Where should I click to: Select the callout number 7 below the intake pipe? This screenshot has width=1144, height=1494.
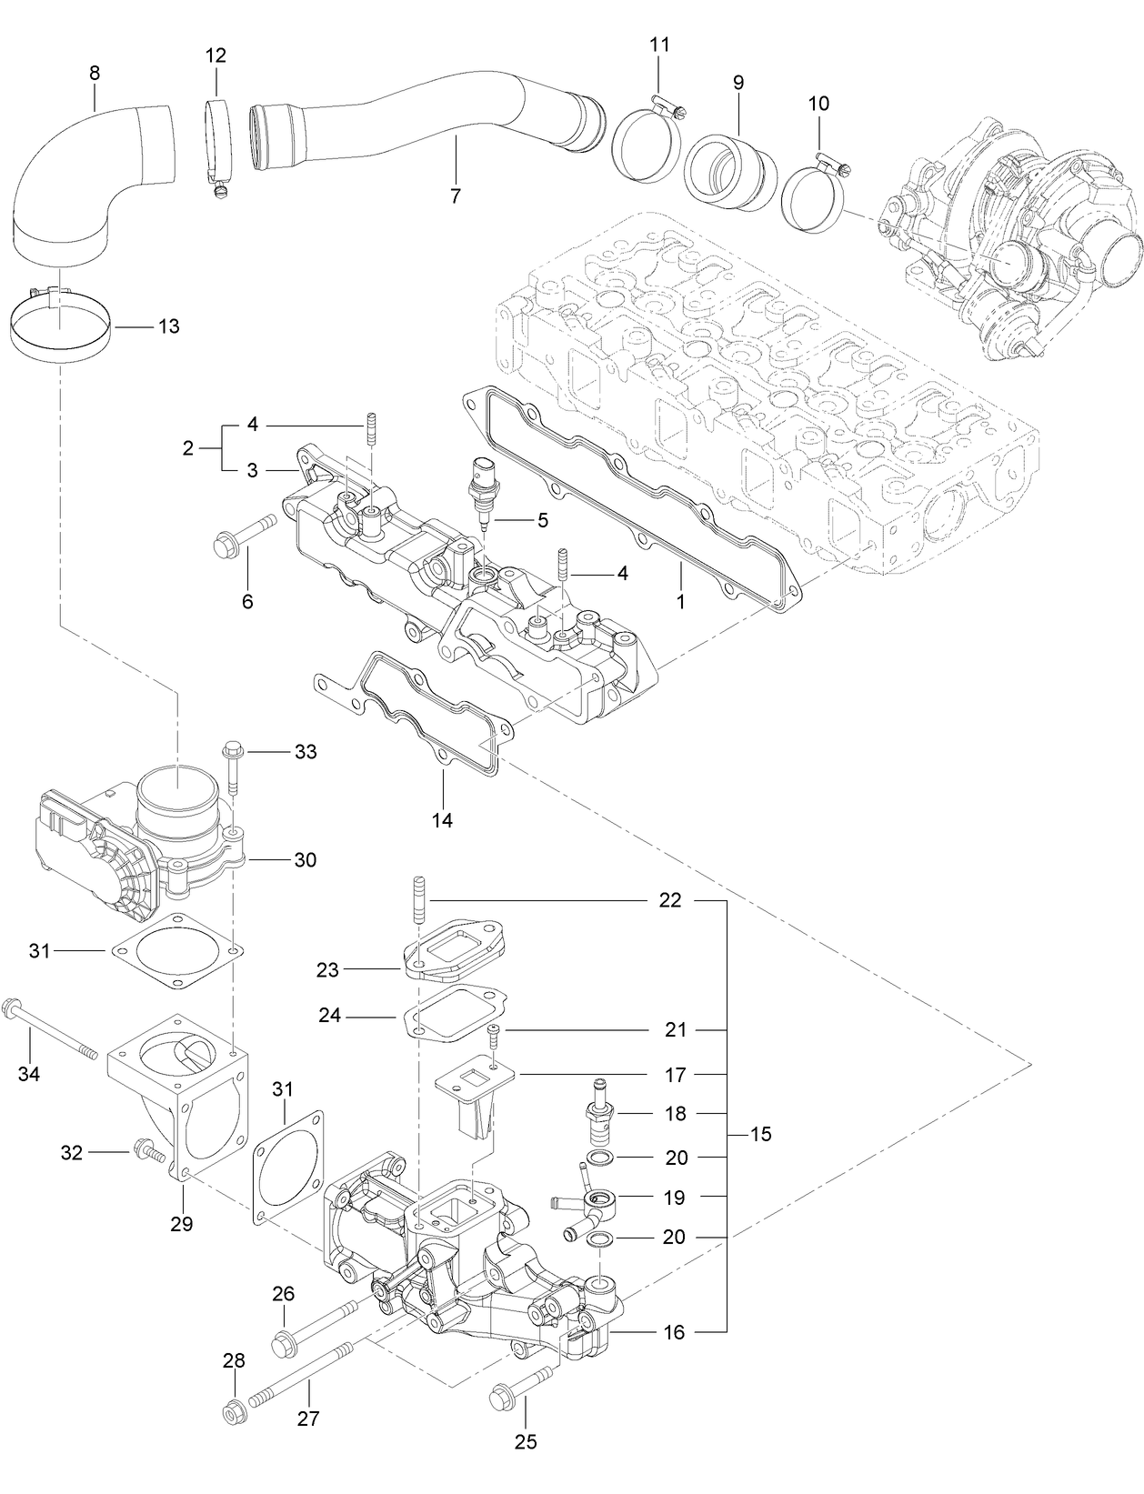[x=455, y=196]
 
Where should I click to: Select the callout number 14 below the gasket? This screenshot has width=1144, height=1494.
[x=442, y=820]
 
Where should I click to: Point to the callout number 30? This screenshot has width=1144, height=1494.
[x=305, y=859]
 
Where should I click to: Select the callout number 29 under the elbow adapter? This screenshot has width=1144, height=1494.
[x=181, y=1224]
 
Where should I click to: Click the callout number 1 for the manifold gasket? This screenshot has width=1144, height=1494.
[x=680, y=601]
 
